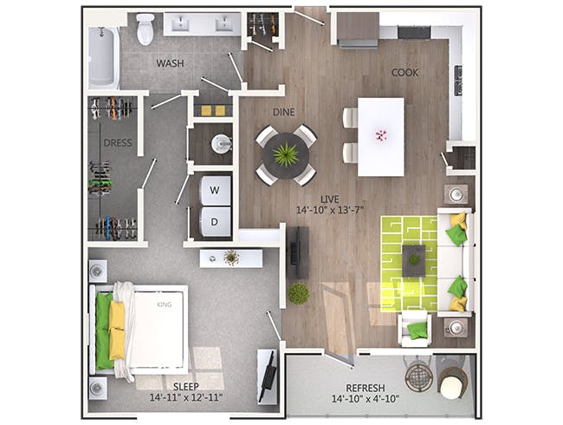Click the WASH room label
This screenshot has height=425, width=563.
coord(170,63)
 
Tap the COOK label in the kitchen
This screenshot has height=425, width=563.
coord(404,73)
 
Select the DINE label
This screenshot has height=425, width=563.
coord(284,112)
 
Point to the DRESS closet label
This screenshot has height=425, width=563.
coord(117,143)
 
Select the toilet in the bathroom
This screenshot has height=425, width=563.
coord(145,29)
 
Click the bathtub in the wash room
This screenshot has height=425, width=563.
coord(103,58)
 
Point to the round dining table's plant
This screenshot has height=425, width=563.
coord(285,155)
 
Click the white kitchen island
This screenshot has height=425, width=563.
coord(380,136)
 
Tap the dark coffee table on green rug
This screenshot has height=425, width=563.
coord(413,259)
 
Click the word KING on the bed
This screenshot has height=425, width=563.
coord(165,305)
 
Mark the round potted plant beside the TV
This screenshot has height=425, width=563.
coord(299,294)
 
